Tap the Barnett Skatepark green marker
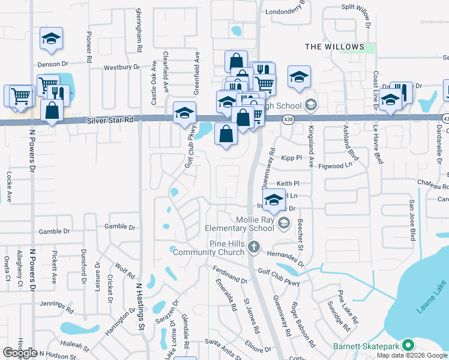[x=408, y=345]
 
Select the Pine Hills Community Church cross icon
[x=254, y=247]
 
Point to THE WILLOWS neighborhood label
[x=334, y=47]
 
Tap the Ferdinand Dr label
[x=230, y=275]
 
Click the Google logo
[x=20, y=353]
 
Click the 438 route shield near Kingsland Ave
[x=288, y=119]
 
